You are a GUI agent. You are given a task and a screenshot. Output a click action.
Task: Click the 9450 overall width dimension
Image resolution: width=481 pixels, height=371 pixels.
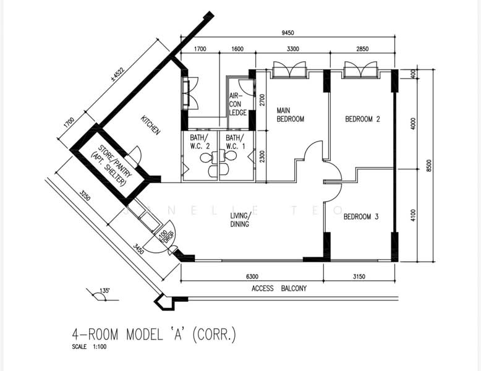pos(287,33)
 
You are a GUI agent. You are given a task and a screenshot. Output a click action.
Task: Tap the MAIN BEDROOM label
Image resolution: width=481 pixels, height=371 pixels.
pos(290,115)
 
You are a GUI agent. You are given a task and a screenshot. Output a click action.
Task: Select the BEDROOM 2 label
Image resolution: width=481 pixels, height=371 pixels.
pos(362,119)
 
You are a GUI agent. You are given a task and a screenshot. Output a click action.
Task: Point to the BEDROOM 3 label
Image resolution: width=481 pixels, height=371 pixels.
pos(361,216)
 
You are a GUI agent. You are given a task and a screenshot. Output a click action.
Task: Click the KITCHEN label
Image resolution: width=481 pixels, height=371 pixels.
pos(150,125)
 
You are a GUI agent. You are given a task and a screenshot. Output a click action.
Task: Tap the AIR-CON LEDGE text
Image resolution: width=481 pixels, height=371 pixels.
pos(238,104)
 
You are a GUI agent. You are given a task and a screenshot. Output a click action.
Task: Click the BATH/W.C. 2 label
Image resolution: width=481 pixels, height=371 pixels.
pos(200,142)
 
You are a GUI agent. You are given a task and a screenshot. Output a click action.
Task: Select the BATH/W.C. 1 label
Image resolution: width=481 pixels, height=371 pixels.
pos(236,142)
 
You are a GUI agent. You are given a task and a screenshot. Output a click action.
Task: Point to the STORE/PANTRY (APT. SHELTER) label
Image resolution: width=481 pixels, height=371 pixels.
pos(111,166)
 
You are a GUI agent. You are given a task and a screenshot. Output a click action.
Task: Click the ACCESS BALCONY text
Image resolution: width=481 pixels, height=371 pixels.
pos(279,289)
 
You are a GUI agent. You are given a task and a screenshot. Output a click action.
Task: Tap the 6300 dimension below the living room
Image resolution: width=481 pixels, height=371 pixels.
pos(252,277)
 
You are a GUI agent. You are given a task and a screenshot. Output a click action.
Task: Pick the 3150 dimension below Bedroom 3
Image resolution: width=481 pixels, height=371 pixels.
pos(359,277)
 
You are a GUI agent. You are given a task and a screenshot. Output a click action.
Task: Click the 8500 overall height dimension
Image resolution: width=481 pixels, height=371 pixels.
pos(429,166)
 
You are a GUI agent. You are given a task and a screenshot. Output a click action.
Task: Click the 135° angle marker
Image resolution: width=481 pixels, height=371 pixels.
pos(104,290)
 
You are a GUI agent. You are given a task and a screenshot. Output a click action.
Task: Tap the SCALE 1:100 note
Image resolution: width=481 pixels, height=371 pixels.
pos(89,347)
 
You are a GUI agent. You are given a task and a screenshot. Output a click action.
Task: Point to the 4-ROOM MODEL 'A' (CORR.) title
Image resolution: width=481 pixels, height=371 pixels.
pos(154,334)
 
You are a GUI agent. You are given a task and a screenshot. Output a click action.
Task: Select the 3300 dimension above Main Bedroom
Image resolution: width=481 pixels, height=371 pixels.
pos(292,49)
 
